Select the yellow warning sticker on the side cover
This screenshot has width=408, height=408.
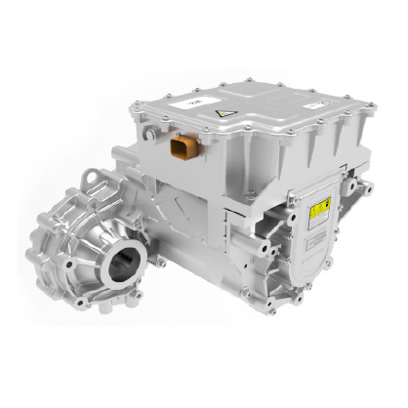click(x=317, y=209)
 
